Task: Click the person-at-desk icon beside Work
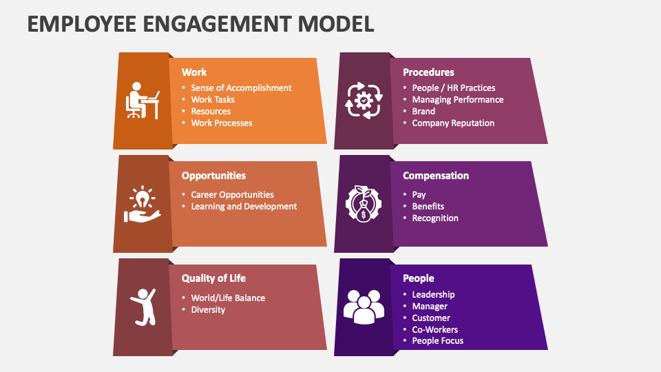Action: point(143,101)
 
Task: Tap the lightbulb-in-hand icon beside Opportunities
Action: point(143,204)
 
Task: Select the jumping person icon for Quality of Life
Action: point(143,307)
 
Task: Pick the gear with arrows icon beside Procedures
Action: point(364,101)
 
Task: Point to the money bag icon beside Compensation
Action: point(364,204)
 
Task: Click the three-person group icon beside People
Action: point(364,307)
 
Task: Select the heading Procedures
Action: point(428,72)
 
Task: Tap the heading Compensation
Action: point(436,176)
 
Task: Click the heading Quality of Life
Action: point(213,278)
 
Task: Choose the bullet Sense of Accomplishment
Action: point(241,88)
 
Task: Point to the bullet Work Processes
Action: point(222,123)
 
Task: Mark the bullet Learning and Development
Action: point(244,207)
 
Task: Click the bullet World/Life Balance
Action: point(228,298)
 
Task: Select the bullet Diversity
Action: point(208,310)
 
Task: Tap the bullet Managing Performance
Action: point(458,100)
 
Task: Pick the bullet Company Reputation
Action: point(453,123)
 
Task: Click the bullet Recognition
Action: point(435,218)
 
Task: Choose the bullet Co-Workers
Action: point(435,330)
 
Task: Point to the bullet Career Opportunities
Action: point(232,195)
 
